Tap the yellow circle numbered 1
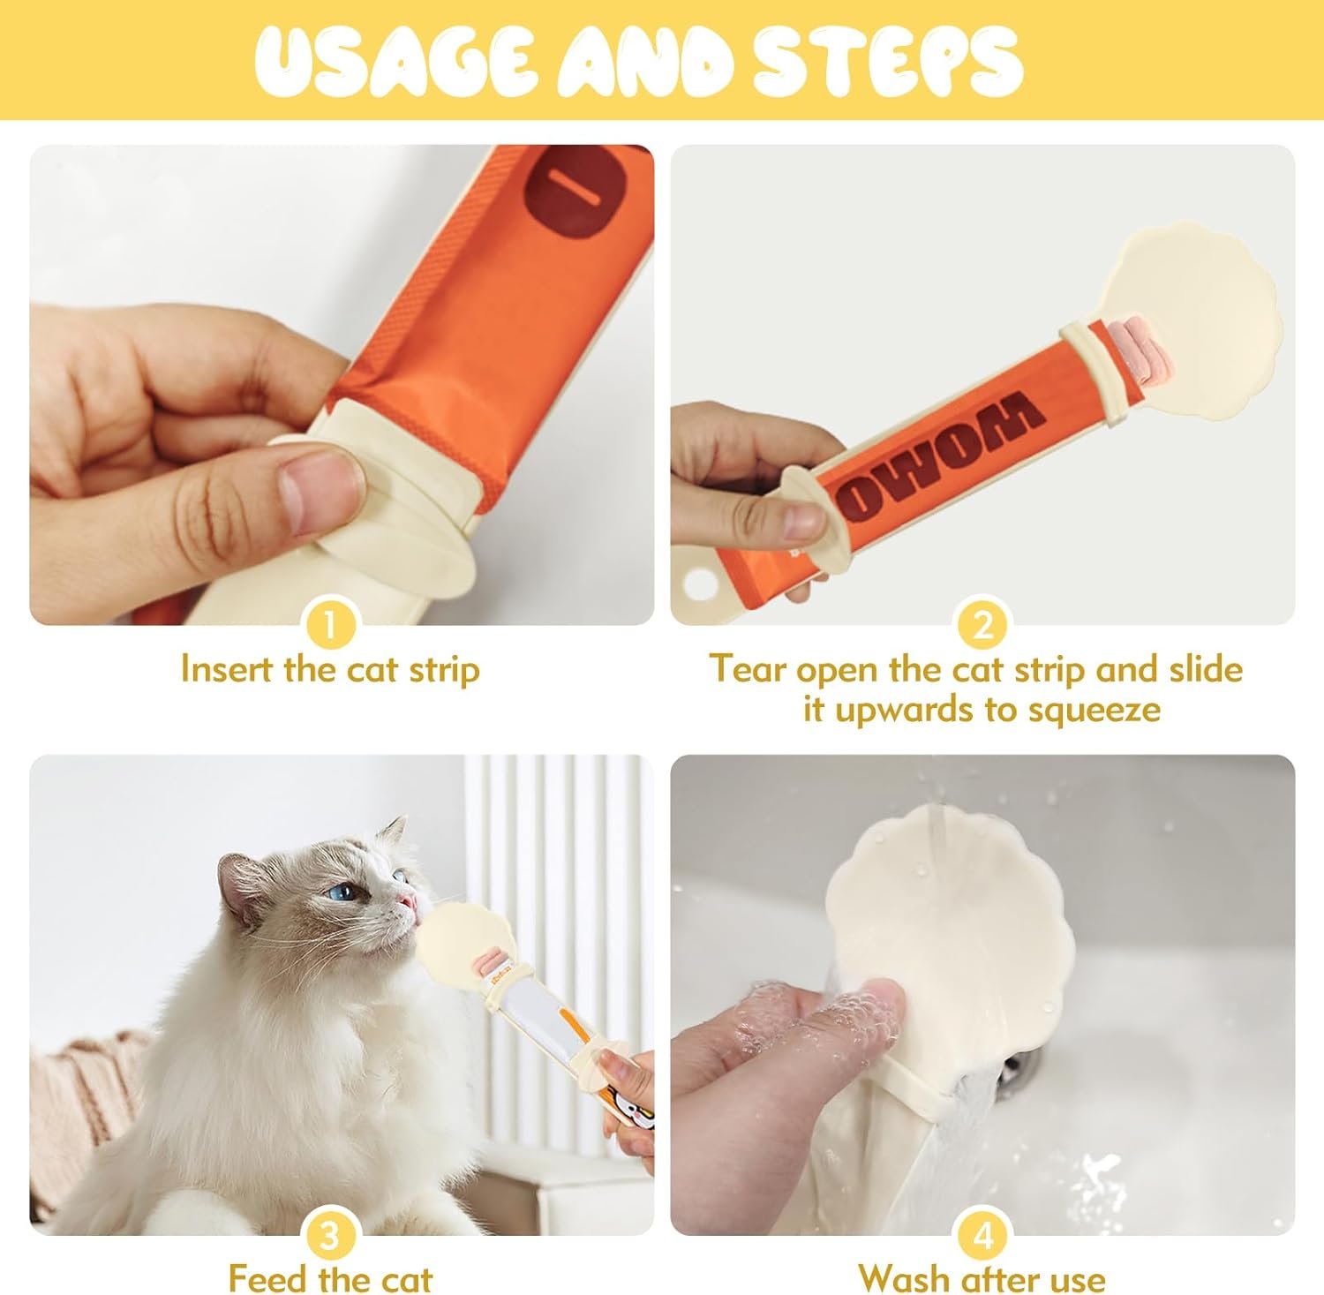coord(329,626)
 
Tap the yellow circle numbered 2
coord(982,626)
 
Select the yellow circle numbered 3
coord(329,1236)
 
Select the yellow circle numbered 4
coord(982,1236)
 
